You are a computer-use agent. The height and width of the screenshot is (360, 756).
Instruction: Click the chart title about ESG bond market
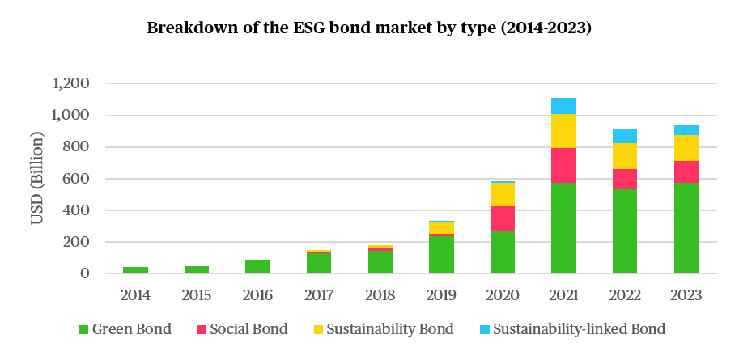tap(369, 28)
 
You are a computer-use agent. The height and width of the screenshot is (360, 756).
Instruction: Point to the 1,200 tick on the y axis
tap(70, 84)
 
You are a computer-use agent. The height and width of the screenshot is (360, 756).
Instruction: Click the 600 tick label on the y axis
tap(78, 179)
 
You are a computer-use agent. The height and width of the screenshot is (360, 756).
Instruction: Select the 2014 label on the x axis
tap(135, 295)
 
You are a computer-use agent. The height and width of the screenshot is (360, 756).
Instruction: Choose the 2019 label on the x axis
tap(441, 295)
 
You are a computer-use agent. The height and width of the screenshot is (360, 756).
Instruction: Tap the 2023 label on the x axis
tap(686, 295)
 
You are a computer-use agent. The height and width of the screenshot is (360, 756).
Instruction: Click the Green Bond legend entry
tap(130, 329)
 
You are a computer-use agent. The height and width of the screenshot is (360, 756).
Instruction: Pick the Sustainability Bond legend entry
tap(381, 329)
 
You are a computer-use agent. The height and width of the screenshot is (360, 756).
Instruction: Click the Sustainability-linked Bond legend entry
tap(571, 329)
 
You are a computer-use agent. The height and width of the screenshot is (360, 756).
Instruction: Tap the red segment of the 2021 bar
tap(563, 165)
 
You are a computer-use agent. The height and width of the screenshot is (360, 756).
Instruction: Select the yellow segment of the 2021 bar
tap(563, 131)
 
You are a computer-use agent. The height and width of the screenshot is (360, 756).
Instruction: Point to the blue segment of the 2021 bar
tap(563, 106)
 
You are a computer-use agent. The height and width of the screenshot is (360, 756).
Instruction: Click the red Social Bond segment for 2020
tap(503, 218)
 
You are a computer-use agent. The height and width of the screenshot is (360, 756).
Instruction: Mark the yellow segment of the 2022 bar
tap(625, 156)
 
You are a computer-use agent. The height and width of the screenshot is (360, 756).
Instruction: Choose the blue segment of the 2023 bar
tap(686, 130)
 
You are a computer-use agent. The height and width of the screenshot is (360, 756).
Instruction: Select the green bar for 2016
tap(257, 266)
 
